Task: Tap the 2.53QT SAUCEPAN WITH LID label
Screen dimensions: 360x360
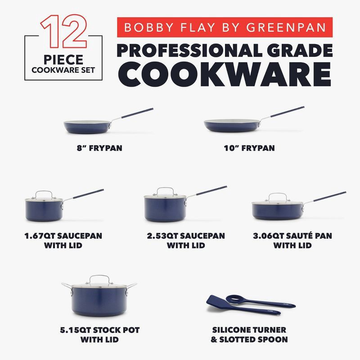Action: click(186, 240)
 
